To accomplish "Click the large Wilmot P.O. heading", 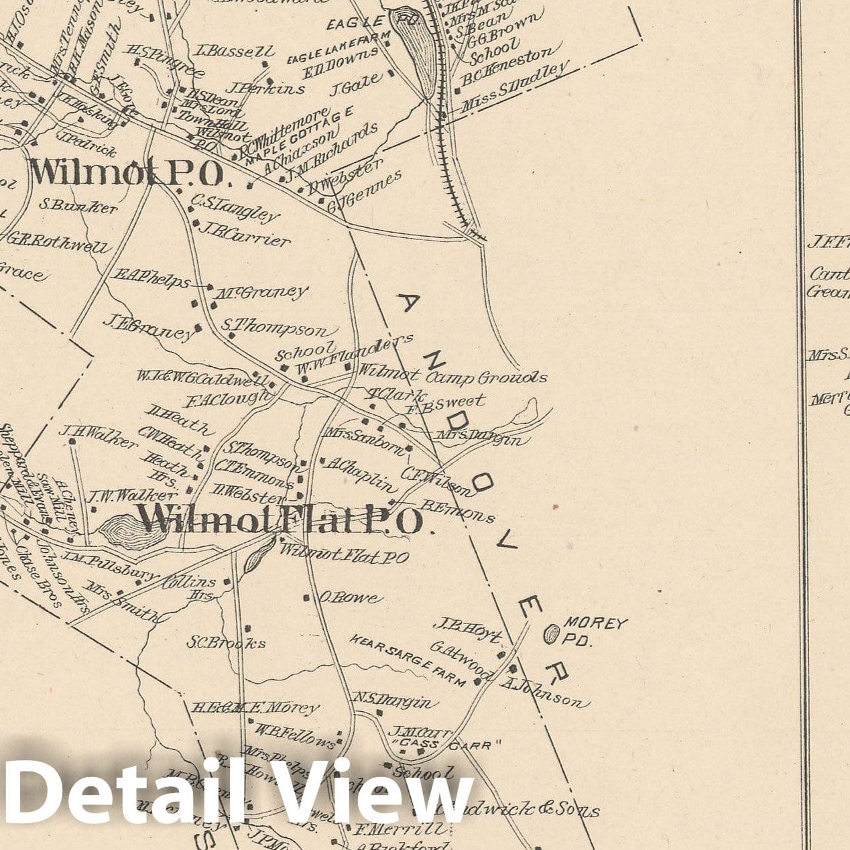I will click(127, 173).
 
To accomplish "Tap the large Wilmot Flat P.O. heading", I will click(280, 520).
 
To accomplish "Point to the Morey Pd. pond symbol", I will click(551, 633).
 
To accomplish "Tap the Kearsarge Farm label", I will click(407, 661).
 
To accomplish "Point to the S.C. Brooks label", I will click(226, 642).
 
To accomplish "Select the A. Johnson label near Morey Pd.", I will click(544, 692).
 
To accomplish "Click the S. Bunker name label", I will click(78, 206).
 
